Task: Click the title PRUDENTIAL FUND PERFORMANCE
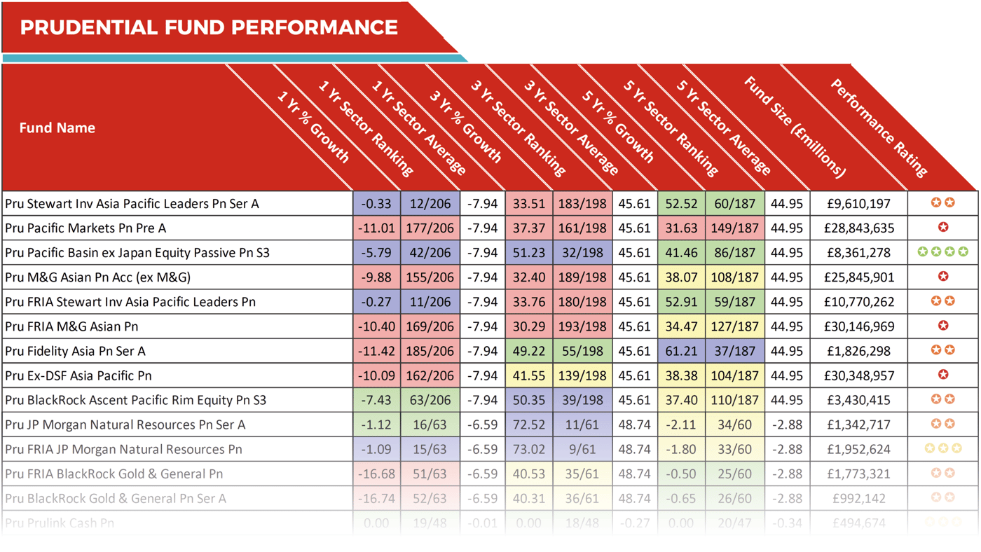[209, 27]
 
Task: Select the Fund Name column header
[57, 128]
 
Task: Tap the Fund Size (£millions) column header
[795, 127]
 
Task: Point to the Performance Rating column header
[879, 127]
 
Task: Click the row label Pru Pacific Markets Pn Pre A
[85, 228]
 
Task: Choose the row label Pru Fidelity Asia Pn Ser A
[75, 351]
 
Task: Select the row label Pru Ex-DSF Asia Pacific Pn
[78, 375]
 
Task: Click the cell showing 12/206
[430, 204]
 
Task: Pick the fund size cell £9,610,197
[858, 204]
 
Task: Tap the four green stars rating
[942, 251]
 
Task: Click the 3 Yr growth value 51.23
[528, 253]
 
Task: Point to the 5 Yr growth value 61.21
[681, 351]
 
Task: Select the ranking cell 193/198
[582, 326]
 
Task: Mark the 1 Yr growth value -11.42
[376, 351]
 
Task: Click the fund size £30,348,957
[858, 375]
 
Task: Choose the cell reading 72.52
[528, 425]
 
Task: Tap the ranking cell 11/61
[582, 425]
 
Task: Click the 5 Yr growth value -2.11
[681, 425]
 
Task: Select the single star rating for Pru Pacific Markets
[943, 227]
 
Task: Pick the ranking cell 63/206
[430, 400]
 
